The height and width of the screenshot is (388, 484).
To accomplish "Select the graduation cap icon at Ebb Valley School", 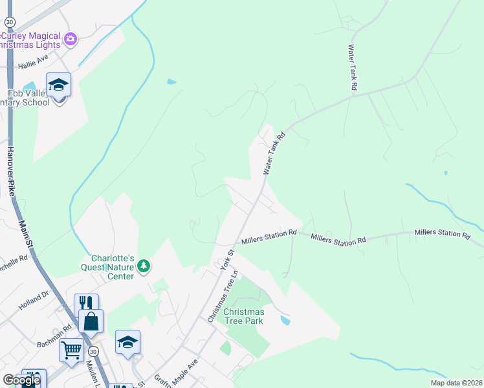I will pos(58,84).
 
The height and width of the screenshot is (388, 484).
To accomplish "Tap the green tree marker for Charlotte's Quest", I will pos(144,266).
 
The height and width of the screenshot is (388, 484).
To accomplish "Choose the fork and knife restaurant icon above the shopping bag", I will pos(86,303).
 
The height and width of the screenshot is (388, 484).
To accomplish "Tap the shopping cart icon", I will pos(71,350).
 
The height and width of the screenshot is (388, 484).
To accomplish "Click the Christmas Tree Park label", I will pos(243,316).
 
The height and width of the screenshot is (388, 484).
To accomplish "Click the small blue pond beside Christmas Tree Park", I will pos(285,320).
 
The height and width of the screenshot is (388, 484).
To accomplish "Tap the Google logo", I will pos(21,380).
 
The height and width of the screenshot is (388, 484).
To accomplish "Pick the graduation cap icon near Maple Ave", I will pos(127,342).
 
